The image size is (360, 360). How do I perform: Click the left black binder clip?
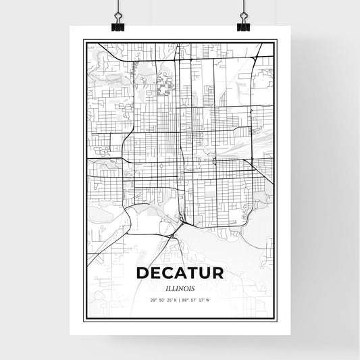click(x=119, y=25)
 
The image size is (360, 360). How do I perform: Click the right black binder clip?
click(x=243, y=25)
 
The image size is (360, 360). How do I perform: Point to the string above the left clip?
click(x=119, y=8)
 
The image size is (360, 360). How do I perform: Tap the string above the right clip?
click(x=243, y=8)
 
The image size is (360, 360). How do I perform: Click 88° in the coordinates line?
click(x=186, y=299)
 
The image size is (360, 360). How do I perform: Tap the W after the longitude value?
click(x=209, y=299)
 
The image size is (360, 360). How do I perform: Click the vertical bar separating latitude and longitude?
click(x=178, y=299)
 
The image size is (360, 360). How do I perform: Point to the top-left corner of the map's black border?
click(x=84, y=41)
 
